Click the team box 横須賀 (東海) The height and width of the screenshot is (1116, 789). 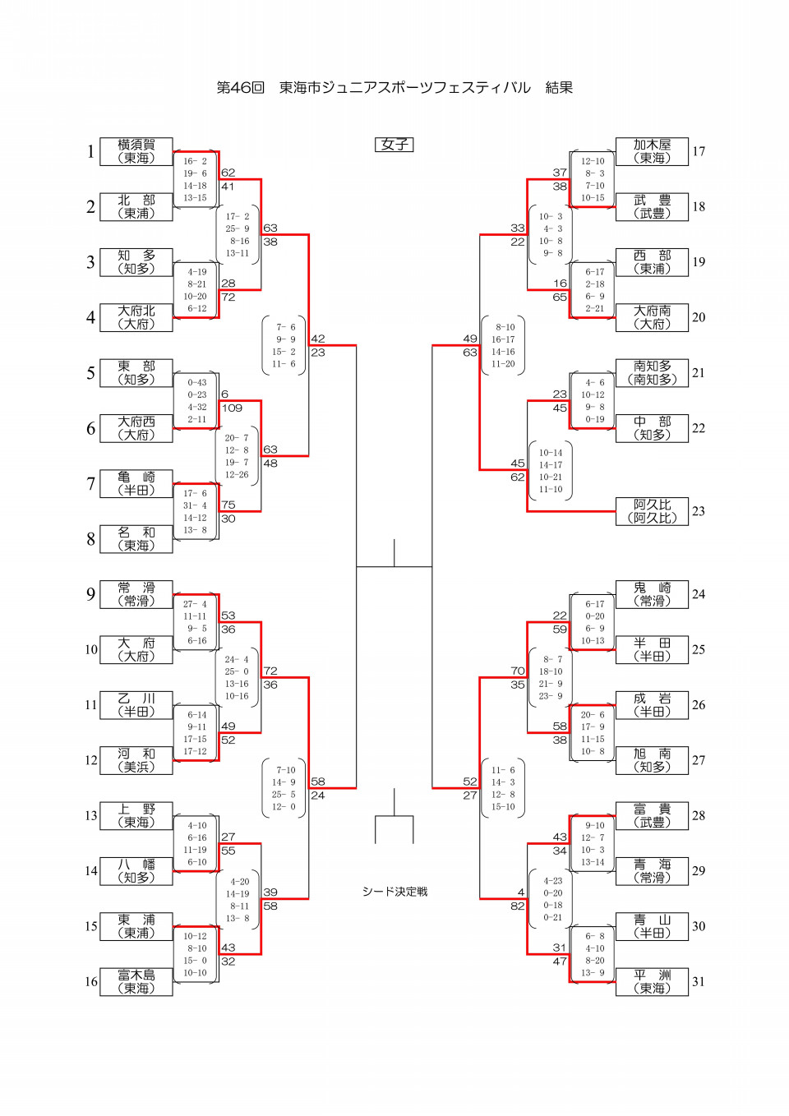click(136, 152)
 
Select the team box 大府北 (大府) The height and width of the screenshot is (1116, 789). click(136, 318)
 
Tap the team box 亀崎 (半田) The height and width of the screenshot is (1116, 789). click(136, 484)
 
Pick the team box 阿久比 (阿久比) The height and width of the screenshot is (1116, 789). click(652, 511)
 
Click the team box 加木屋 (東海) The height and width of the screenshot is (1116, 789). click(652, 152)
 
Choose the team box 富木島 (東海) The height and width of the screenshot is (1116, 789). click(136, 982)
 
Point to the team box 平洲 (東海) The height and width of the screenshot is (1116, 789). click(652, 982)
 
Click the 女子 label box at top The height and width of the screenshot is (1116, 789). click(394, 145)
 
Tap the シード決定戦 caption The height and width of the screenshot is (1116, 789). click(394, 892)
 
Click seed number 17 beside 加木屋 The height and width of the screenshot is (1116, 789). click(699, 152)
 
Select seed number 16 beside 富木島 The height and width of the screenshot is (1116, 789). click(90, 982)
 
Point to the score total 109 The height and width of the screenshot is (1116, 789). click(232, 408)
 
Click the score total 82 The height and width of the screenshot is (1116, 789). click(517, 906)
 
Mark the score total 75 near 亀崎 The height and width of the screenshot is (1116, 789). click(228, 505)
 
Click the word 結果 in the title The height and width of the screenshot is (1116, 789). click(559, 88)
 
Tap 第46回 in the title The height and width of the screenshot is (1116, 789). click(240, 88)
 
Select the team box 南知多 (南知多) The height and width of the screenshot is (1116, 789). click(652, 373)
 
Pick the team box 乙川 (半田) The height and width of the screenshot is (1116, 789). click(136, 705)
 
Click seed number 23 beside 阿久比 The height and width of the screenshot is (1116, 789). click(699, 511)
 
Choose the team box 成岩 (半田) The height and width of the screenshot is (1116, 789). click(652, 705)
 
